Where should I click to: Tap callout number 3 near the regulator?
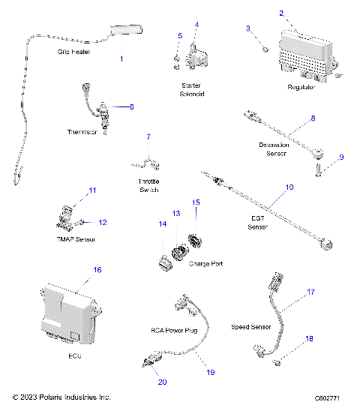pyautogui.click(x=248, y=28)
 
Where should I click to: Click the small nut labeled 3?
pyautogui.click(x=265, y=49)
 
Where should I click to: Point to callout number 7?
pyautogui.click(x=148, y=137)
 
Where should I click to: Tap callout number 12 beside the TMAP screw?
pyautogui.click(x=103, y=222)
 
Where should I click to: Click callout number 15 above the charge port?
pyautogui.click(x=195, y=202)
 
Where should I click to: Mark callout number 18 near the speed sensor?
pyautogui.click(x=309, y=339)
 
